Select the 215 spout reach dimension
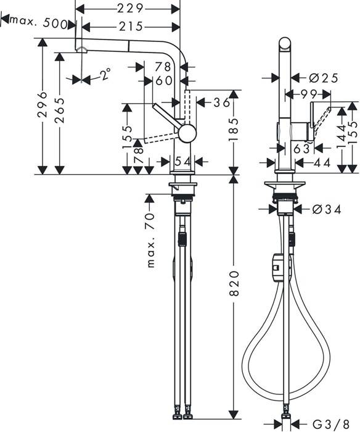point(131,26)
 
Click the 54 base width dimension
point(182,161)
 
